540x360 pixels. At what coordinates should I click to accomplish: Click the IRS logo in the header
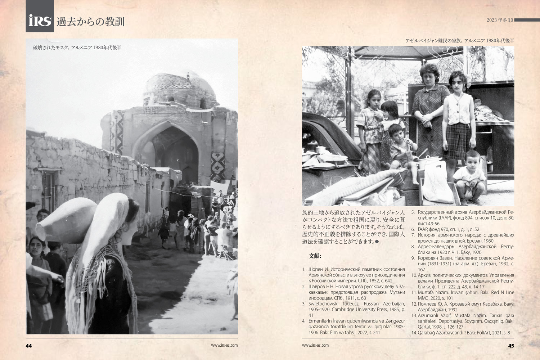[40, 21]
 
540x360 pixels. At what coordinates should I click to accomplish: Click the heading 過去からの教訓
[90, 22]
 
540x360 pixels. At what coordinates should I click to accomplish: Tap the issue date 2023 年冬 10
[499, 20]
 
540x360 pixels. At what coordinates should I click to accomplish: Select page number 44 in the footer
[29, 346]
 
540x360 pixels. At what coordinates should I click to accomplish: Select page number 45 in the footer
[511, 346]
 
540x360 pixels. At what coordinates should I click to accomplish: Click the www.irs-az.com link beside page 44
[224, 345]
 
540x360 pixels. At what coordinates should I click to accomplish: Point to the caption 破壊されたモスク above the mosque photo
[77, 48]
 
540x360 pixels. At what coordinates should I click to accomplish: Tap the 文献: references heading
[315, 256]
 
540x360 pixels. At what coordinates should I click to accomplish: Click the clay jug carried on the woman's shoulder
[65, 220]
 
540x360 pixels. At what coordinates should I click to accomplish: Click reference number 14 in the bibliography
[414, 333]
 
